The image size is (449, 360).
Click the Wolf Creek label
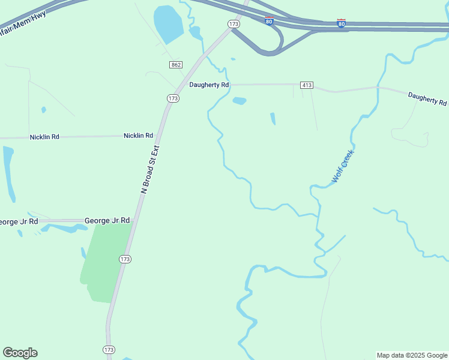pyautogui.click(x=343, y=166)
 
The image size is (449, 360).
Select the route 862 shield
pyautogui.click(x=175, y=65)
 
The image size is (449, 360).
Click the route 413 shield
pyautogui.click(x=307, y=85)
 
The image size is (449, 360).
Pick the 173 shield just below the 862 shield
pyautogui.click(x=173, y=98)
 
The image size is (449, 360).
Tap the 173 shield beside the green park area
pyautogui.click(x=125, y=259)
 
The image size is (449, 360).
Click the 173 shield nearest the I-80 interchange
pyautogui.click(x=234, y=24)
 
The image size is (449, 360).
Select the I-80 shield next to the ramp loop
pyautogui.click(x=270, y=21)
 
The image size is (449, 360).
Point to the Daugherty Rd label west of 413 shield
pyautogui.click(x=209, y=85)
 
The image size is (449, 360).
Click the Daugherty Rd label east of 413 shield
pyautogui.click(x=427, y=98)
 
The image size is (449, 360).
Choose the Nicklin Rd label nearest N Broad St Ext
pyautogui.click(x=138, y=136)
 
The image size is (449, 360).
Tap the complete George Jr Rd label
pyautogui.click(x=107, y=221)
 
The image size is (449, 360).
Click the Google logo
pyautogui.click(x=20, y=353)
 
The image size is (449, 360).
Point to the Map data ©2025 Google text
pyautogui.click(x=412, y=355)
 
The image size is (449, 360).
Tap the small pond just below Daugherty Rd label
pyautogui.click(x=239, y=101)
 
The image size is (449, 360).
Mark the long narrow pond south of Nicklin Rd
pyautogui.click(x=8, y=174)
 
